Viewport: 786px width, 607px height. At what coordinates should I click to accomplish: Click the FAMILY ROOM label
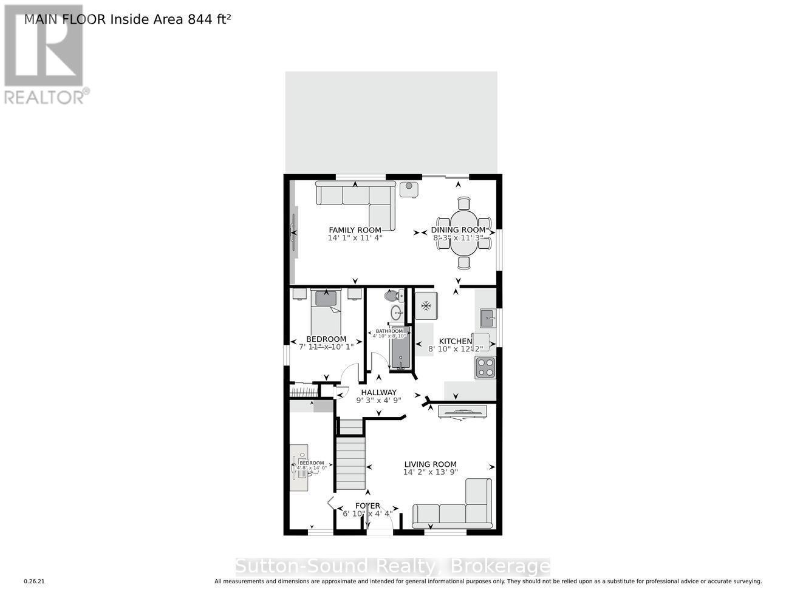(355, 230)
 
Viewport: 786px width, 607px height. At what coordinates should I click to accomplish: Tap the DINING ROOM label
(458, 230)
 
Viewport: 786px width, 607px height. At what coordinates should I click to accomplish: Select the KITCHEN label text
(456, 341)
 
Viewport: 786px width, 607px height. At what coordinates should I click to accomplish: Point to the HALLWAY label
(378, 392)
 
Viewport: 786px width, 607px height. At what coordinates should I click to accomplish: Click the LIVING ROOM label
(430, 464)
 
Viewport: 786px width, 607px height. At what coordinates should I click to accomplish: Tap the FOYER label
(367, 506)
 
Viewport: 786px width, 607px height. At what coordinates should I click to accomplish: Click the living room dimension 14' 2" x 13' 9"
(430, 472)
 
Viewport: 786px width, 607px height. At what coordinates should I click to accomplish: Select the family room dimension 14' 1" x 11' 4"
(355, 238)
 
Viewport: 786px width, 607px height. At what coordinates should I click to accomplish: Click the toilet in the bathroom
(392, 296)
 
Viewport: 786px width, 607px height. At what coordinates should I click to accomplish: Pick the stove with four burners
(485, 367)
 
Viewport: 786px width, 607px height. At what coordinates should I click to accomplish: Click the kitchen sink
(486, 317)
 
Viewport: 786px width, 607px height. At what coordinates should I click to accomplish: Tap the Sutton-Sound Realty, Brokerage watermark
(392, 566)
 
